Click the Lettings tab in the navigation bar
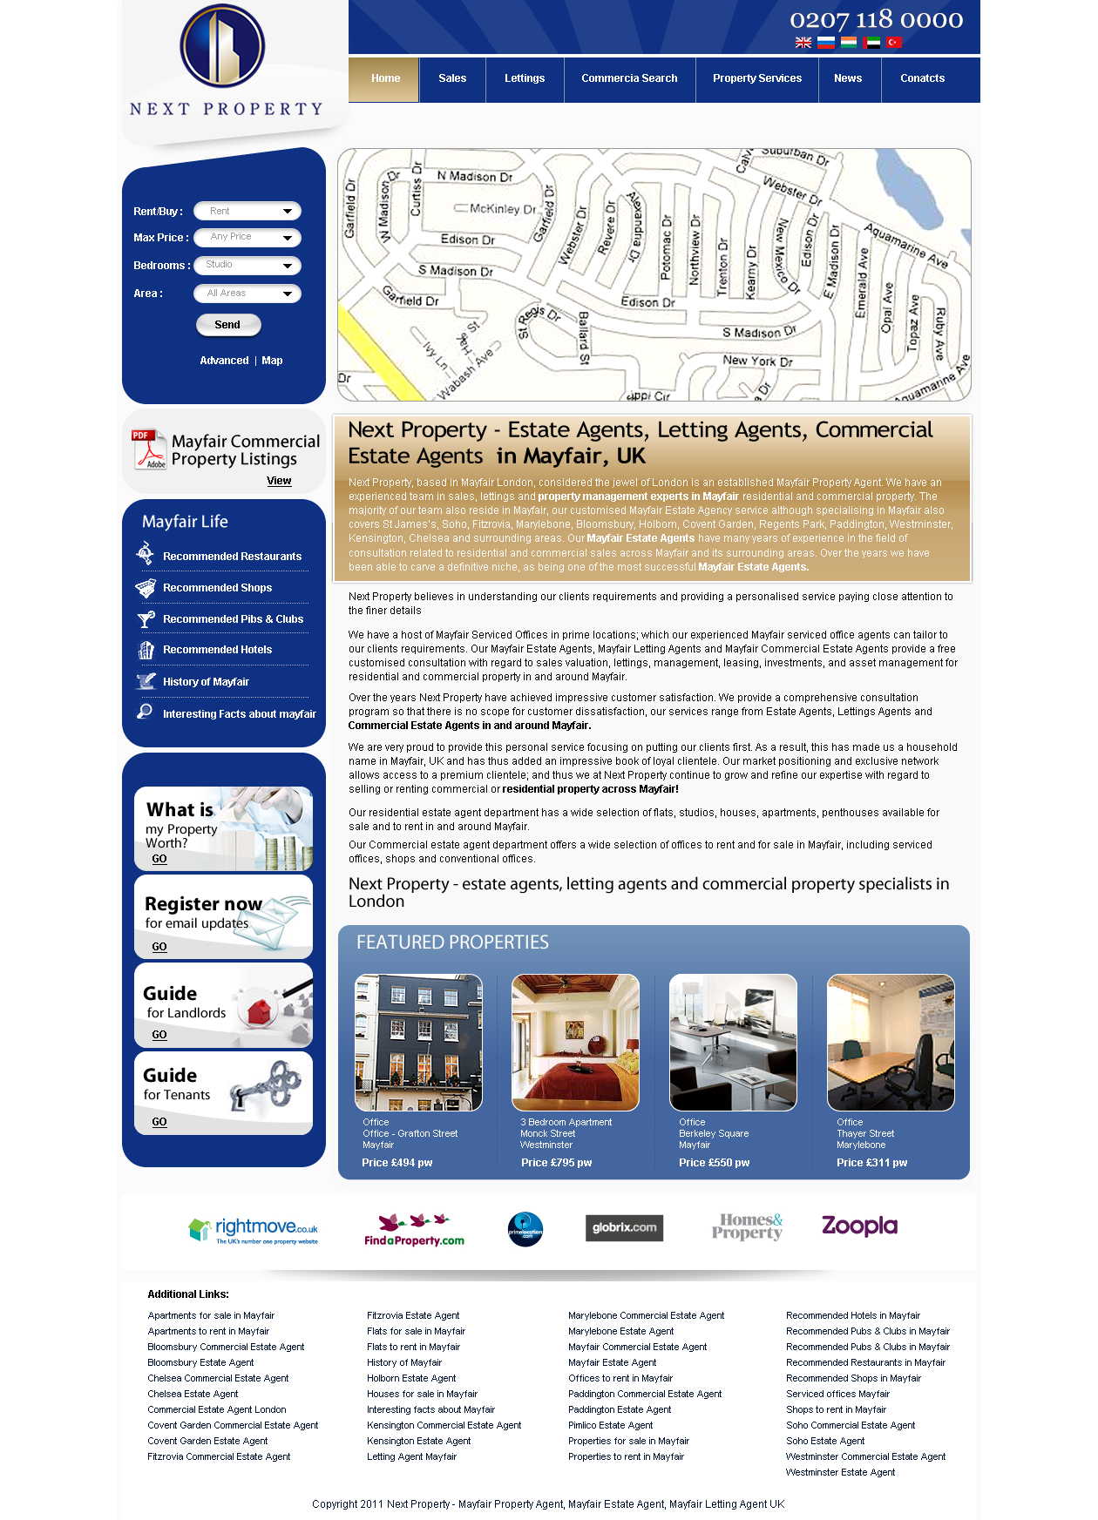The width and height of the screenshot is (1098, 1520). (525, 78)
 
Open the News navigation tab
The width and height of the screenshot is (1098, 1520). (847, 78)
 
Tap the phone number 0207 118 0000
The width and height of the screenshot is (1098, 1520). (876, 19)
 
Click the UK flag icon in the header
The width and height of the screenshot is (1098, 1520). (803, 43)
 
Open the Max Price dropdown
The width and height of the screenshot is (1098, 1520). (247, 237)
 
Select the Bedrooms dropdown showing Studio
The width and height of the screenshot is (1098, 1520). (247, 265)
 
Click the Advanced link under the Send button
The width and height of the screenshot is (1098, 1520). (224, 361)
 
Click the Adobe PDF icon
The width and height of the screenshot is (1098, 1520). (148, 449)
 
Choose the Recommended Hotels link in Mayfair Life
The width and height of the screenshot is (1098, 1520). (217, 650)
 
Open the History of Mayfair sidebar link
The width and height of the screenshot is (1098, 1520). (206, 682)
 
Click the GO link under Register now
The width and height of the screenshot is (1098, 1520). (159, 947)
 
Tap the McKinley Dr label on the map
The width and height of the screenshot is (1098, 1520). (502, 209)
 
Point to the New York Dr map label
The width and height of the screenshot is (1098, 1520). (757, 361)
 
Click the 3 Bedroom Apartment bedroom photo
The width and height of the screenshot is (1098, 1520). (575, 1042)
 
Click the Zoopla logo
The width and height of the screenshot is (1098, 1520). (859, 1226)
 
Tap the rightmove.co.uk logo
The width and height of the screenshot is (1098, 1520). (254, 1230)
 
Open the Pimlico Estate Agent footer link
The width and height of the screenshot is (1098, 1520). (610, 1426)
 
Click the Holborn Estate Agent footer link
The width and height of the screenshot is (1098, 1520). (411, 1379)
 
